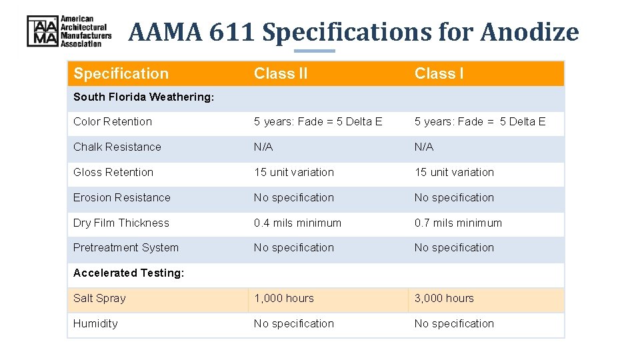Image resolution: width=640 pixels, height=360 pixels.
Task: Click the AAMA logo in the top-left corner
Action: [69, 31]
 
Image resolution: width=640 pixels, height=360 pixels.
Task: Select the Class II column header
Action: [281, 73]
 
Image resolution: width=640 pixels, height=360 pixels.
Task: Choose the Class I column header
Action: [439, 73]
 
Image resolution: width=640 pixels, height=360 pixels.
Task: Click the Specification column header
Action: [121, 73]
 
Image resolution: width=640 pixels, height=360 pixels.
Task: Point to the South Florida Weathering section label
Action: [143, 97]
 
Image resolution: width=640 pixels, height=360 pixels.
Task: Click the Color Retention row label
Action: [113, 121]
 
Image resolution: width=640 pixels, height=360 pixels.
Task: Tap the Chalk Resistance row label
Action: [117, 147]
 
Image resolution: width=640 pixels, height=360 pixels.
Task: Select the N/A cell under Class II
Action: [263, 147]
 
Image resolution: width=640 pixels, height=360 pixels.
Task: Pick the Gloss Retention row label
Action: [113, 172]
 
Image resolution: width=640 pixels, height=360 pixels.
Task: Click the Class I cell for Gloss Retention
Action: [454, 172]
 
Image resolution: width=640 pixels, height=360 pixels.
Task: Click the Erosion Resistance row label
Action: [122, 197]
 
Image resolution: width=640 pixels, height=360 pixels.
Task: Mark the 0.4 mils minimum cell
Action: [297, 223]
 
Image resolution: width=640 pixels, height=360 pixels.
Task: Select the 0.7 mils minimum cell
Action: [458, 223]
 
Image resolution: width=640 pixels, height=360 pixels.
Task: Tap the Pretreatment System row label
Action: [126, 247]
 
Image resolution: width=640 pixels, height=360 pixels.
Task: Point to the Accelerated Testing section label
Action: [129, 273]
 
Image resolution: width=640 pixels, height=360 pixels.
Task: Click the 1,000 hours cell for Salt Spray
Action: [283, 298]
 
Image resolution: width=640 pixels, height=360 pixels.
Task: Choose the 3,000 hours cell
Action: [444, 298]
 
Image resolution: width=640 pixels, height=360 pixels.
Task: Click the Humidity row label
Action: [95, 323]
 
